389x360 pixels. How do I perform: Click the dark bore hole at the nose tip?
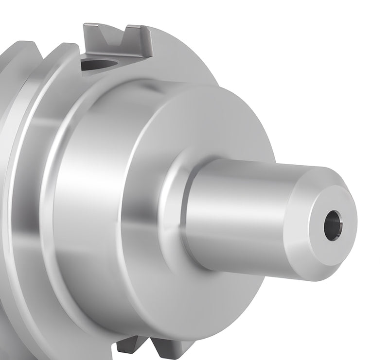click(333, 225)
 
